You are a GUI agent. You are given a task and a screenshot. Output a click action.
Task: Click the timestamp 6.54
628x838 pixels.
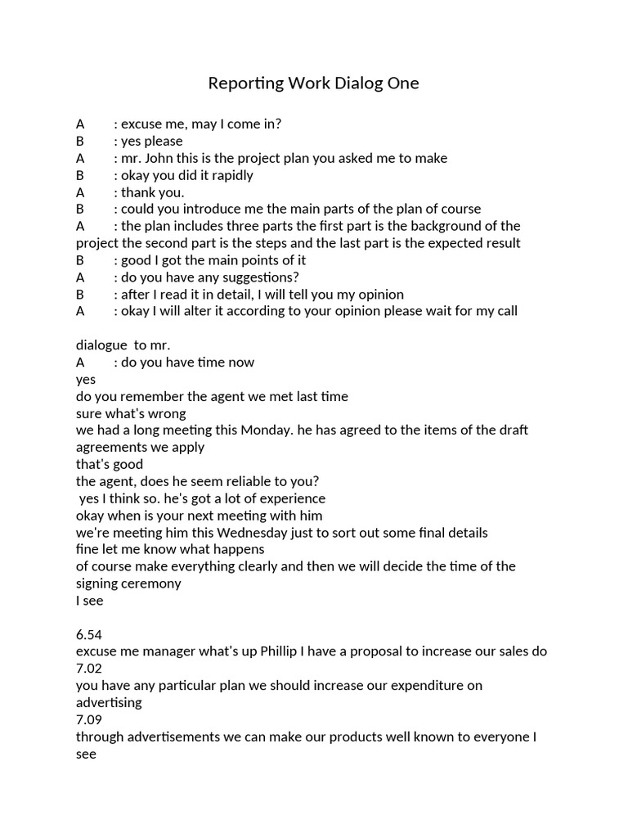click(90, 634)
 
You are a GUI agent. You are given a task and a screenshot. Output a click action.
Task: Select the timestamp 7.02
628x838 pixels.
click(90, 669)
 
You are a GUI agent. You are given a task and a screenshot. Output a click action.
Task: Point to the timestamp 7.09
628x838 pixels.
click(90, 719)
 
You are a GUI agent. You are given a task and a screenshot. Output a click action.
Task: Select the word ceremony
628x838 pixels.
click(153, 583)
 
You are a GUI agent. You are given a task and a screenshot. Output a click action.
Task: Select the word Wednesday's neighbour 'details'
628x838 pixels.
click(465, 533)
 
